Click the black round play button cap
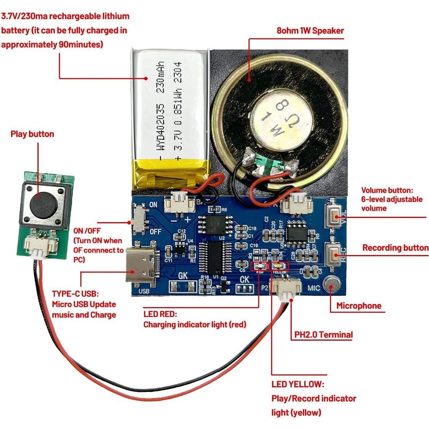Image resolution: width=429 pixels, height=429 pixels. click(41, 201)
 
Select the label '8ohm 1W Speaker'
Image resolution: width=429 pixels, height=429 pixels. click(310, 31)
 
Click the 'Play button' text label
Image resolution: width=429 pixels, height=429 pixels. click(32, 134)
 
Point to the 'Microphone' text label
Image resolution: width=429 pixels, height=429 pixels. click(359, 305)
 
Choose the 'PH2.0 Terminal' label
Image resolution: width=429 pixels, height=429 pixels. click(323, 335)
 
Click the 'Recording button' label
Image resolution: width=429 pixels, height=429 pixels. click(395, 248)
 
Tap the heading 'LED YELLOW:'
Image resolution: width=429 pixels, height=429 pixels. click(297, 384)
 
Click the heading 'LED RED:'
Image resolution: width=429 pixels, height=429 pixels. click(160, 314)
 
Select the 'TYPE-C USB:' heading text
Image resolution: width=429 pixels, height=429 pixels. click(75, 294)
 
